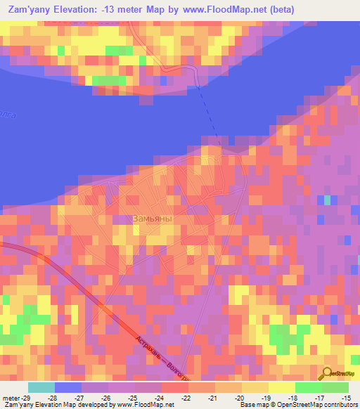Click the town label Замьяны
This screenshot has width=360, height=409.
[152, 219]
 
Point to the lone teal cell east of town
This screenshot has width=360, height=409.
[327, 200]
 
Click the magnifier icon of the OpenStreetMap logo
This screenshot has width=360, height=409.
[328, 373]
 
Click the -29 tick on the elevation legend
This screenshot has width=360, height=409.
[30, 397]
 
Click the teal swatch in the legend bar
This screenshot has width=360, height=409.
[41, 387]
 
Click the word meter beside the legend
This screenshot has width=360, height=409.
[12, 397]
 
